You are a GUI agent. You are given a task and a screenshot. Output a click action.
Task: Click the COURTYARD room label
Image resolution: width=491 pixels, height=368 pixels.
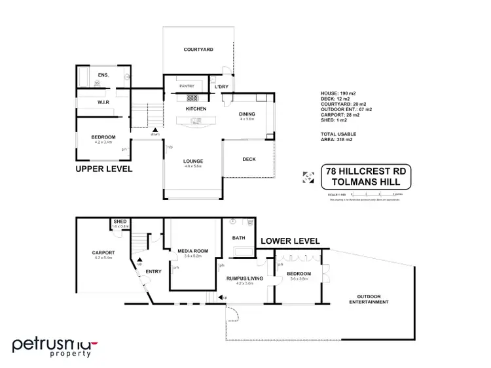click(198, 50)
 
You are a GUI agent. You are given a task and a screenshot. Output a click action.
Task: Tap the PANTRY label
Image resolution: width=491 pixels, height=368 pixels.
click(187, 86)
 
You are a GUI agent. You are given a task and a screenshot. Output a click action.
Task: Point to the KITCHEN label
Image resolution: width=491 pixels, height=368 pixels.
click(196, 109)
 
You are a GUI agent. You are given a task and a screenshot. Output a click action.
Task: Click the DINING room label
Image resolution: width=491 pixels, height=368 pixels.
click(247, 114)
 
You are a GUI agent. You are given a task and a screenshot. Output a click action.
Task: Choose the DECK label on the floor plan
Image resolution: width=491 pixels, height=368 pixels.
click(249, 159)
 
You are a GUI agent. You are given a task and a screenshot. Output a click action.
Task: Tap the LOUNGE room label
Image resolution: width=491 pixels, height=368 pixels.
click(192, 161)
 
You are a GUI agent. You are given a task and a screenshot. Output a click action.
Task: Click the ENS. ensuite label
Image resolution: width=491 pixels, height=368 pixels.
click(103, 76)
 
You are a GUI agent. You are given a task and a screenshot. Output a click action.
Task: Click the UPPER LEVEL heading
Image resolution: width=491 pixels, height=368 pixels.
click(104, 169)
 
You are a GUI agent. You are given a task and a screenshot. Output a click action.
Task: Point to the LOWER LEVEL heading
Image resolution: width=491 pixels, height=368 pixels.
click(290, 241)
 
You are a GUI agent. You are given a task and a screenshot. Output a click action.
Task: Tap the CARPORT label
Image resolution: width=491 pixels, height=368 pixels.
click(103, 252)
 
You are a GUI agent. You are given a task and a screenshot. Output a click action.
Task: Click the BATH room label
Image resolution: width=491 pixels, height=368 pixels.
click(239, 238)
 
